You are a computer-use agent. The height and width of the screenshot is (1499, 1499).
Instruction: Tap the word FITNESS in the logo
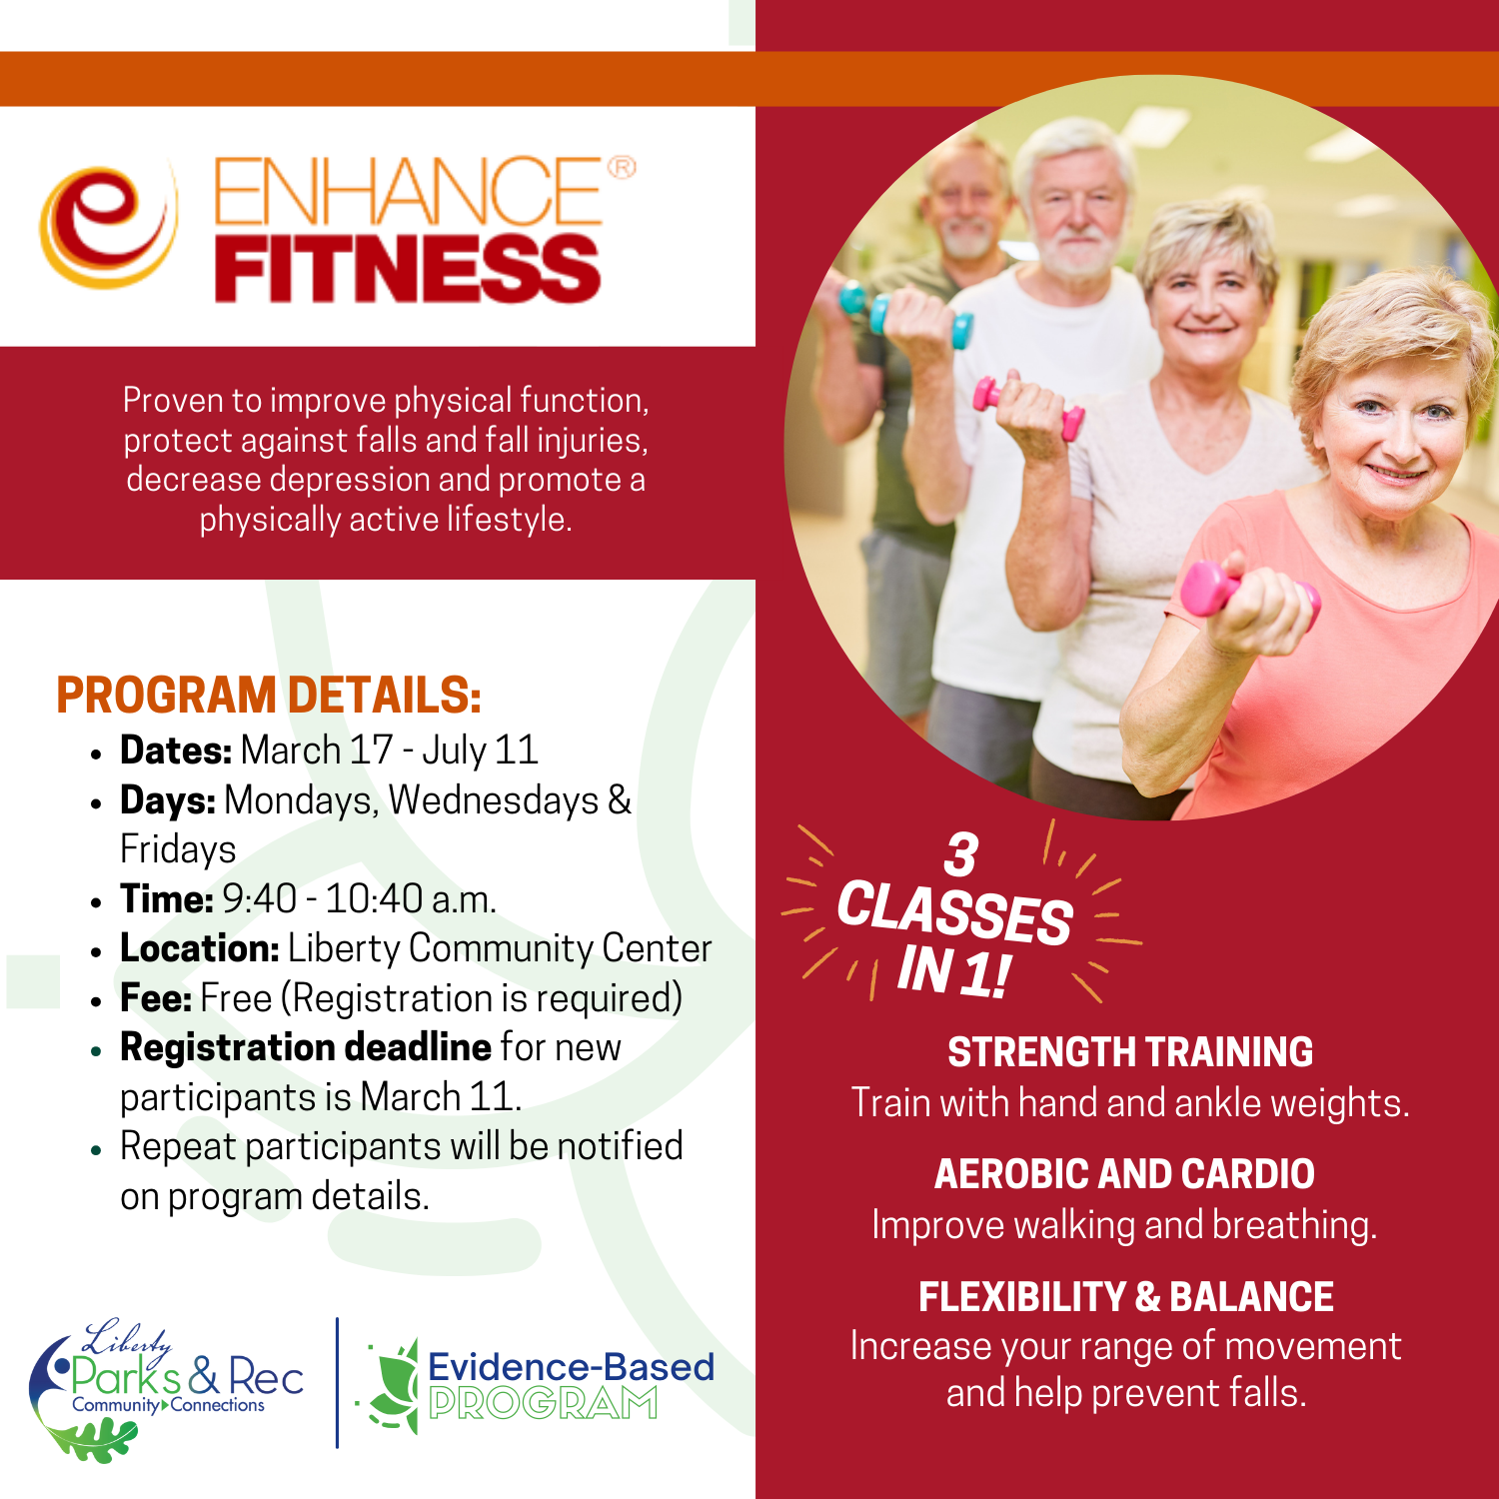pos(407,269)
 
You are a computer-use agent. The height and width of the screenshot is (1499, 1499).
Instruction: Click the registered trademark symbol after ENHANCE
pos(622,167)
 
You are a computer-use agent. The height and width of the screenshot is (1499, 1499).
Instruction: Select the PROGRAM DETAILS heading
pos(269,696)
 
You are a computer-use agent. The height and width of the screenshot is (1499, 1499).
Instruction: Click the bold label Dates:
pos(176,750)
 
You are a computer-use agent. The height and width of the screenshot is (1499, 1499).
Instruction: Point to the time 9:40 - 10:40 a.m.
pos(359,899)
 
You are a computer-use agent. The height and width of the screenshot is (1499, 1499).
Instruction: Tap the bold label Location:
pos(199,948)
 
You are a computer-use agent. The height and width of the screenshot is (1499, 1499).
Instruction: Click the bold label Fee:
pos(156,998)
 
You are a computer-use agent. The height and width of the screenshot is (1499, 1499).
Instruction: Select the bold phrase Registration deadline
pos(305,1047)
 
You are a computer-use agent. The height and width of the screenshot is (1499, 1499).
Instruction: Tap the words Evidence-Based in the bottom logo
pos(571,1367)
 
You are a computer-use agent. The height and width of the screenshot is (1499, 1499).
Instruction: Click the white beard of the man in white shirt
pos(1075,255)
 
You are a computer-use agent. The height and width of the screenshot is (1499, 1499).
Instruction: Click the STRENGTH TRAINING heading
pos(1129,1052)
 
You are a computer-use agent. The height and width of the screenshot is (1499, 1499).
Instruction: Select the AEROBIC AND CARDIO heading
pos(1124,1174)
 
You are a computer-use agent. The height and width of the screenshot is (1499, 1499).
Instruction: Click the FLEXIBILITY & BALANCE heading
pos(1126,1297)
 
